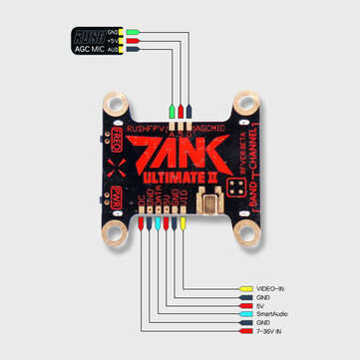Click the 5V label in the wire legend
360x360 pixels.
[x=263, y=303]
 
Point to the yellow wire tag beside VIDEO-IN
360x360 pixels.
[x=244, y=285]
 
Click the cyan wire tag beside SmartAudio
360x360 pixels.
[x=244, y=312]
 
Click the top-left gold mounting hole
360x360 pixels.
[x=113, y=104]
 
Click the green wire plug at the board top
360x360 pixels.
[x=173, y=111]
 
